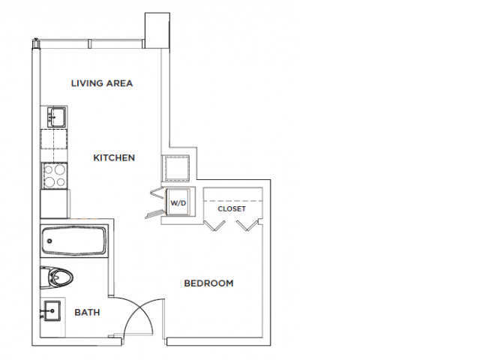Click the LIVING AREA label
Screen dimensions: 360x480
(x=102, y=83)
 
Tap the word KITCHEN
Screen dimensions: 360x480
(x=114, y=157)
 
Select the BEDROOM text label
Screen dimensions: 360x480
(x=208, y=283)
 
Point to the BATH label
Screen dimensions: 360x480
(x=87, y=312)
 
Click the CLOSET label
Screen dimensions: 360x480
(x=232, y=209)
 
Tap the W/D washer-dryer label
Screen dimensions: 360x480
(x=178, y=203)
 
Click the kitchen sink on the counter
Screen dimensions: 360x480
(x=55, y=116)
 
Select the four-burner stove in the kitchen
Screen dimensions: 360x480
(x=55, y=175)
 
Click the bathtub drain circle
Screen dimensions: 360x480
(x=49, y=242)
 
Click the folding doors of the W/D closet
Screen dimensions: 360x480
(x=156, y=203)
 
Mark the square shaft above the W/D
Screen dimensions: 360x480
(x=178, y=169)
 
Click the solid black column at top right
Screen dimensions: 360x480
(x=155, y=28)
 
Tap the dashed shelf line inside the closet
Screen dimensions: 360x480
(x=233, y=200)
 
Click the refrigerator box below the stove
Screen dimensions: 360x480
(x=55, y=201)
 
